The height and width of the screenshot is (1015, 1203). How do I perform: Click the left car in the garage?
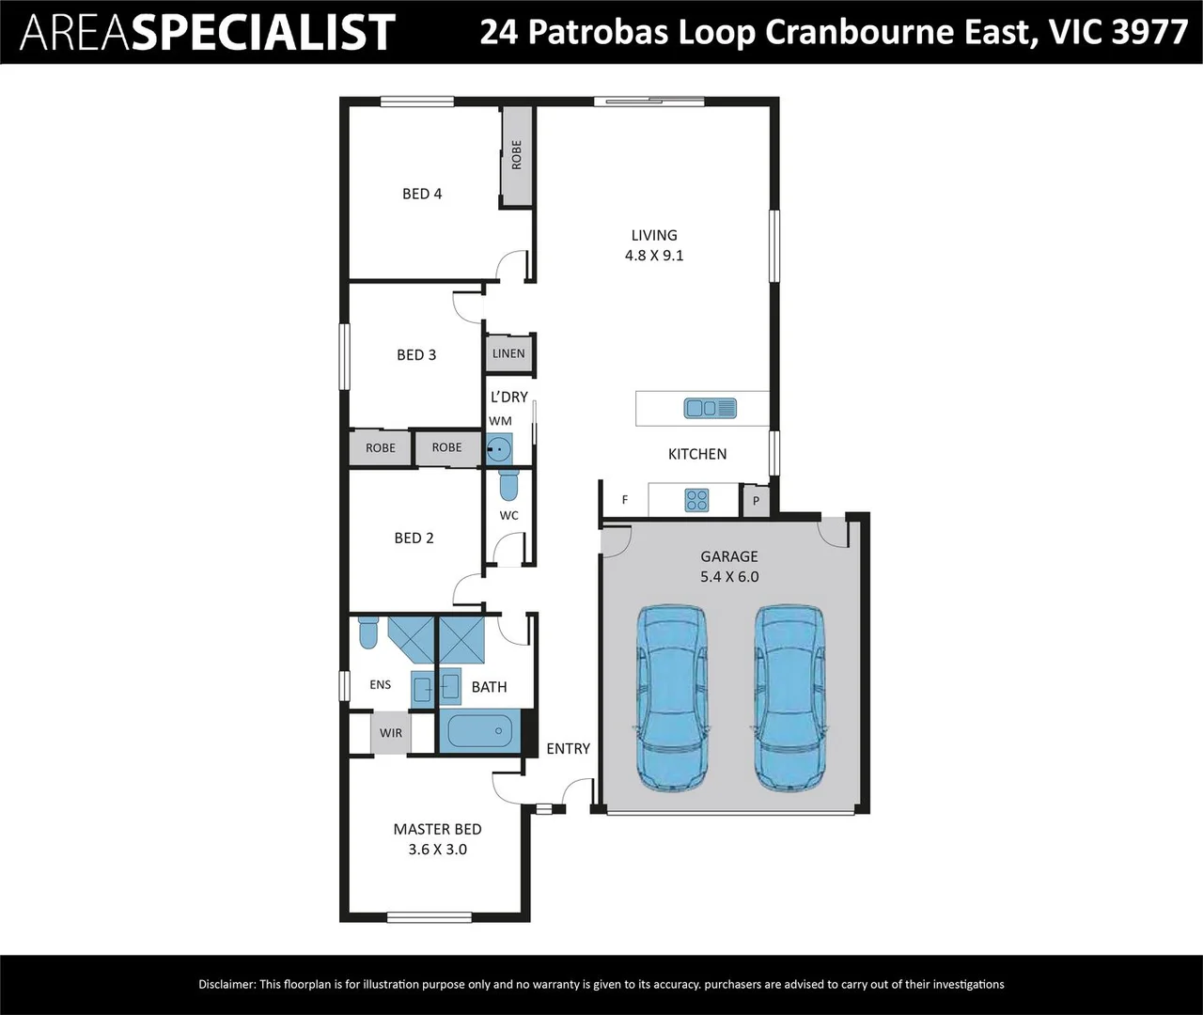pyautogui.click(x=672, y=698)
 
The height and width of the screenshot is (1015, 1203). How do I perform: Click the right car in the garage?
pyautogui.click(x=790, y=698)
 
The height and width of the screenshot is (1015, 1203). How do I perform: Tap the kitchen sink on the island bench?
pyautogui.click(x=711, y=408)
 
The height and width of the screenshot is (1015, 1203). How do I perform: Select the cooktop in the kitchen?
pyautogui.click(x=696, y=500)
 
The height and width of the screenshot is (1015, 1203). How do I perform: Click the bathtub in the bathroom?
pyautogui.click(x=479, y=731)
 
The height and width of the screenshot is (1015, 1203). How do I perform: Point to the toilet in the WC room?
pyautogui.click(x=508, y=485)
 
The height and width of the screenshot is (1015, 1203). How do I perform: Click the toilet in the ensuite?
pyautogui.click(x=367, y=632)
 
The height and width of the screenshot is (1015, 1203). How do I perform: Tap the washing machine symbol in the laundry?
pyautogui.click(x=500, y=450)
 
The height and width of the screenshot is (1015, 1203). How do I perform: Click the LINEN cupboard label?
pyautogui.click(x=508, y=353)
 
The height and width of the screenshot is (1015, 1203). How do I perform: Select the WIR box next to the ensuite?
pyautogui.click(x=391, y=733)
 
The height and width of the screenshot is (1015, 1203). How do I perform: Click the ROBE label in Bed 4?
pyautogui.click(x=516, y=155)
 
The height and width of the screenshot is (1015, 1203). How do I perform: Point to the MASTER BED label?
pyautogui.click(x=437, y=829)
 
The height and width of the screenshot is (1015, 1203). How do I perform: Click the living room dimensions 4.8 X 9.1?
pyautogui.click(x=654, y=256)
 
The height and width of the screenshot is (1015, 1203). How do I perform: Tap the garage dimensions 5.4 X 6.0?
pyautogui.click(x=729, y=577)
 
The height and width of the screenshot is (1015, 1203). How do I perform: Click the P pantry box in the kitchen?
pyautogui.click(x=756, y=501)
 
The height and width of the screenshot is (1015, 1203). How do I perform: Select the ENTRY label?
pyautogui.click(x=568, y=748)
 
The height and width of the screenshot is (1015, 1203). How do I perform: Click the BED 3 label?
pyautogui.click(x=416, y=354)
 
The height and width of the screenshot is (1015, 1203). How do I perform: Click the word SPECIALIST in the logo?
pyautogui.click(x=262, y=33)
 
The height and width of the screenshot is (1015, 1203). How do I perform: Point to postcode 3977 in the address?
pyautogui.click(x=1149, y=32)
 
